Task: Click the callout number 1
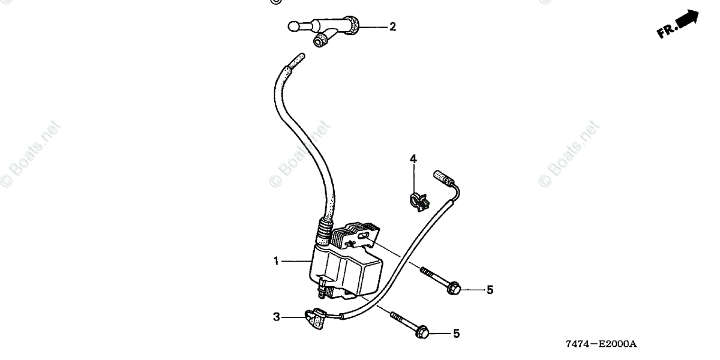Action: click(276, 261)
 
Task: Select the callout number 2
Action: click(392, 26)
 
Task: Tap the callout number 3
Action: click(276, 317)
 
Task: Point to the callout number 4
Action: click(413, 159)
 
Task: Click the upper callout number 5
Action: click(490, 290)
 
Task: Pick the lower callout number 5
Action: click(456, 333)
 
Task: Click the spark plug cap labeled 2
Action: click(327, 30)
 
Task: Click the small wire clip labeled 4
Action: click(418, 201)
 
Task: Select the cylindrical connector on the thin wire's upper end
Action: click(442, 178)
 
